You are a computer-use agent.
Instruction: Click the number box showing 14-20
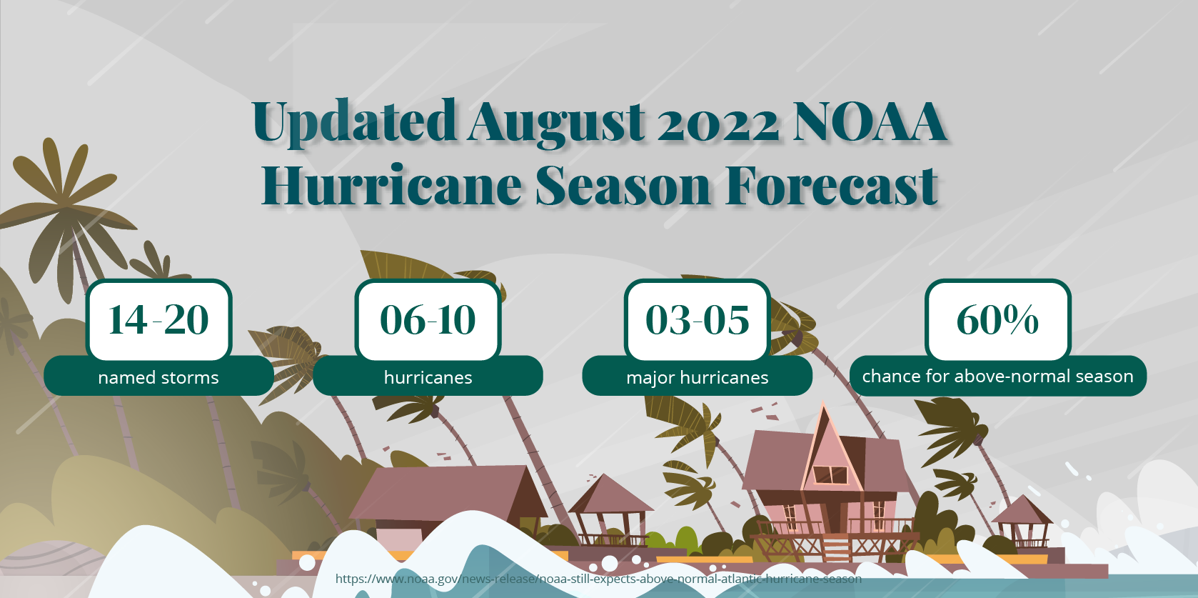pos(158,319)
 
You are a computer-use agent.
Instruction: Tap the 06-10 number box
pos(428,319)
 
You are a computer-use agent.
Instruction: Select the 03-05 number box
pos(698,319)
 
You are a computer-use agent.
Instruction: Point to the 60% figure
pos(997,319)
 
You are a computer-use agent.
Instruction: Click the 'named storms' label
pos(158,377)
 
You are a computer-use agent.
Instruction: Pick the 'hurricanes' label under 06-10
pos(428,377)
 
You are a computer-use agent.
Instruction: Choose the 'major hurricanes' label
pos(698,377)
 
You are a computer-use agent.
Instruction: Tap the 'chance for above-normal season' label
pos(997,376)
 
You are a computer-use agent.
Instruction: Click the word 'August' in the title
pos(557,123)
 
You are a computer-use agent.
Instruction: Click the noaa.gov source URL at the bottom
pos(598,579)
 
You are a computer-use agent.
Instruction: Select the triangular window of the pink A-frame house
pos(830,474)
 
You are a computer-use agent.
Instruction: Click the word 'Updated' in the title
pos(354,123)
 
